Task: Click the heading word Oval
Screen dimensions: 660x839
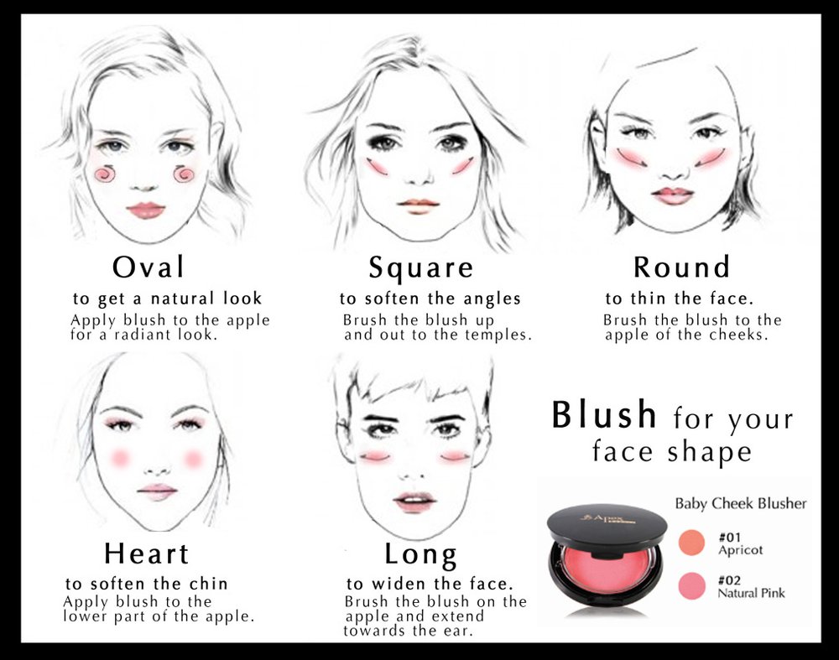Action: point(149,268)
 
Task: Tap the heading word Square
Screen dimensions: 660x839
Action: point(421,268)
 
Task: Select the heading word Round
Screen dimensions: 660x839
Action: point(681,268)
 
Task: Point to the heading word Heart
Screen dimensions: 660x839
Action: point(147,553)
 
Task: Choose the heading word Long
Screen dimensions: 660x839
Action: point(420,554)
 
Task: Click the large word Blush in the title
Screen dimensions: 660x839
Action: point(604,415)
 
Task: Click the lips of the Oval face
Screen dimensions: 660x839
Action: point(146,210)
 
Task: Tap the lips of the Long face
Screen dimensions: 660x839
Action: point(415,501)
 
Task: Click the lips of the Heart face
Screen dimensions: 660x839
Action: point(157,491)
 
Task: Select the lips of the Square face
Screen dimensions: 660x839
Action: point(419,205)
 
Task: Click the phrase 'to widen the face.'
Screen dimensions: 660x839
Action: point(430,584)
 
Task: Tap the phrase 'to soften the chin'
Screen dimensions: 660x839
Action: point(147,584)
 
